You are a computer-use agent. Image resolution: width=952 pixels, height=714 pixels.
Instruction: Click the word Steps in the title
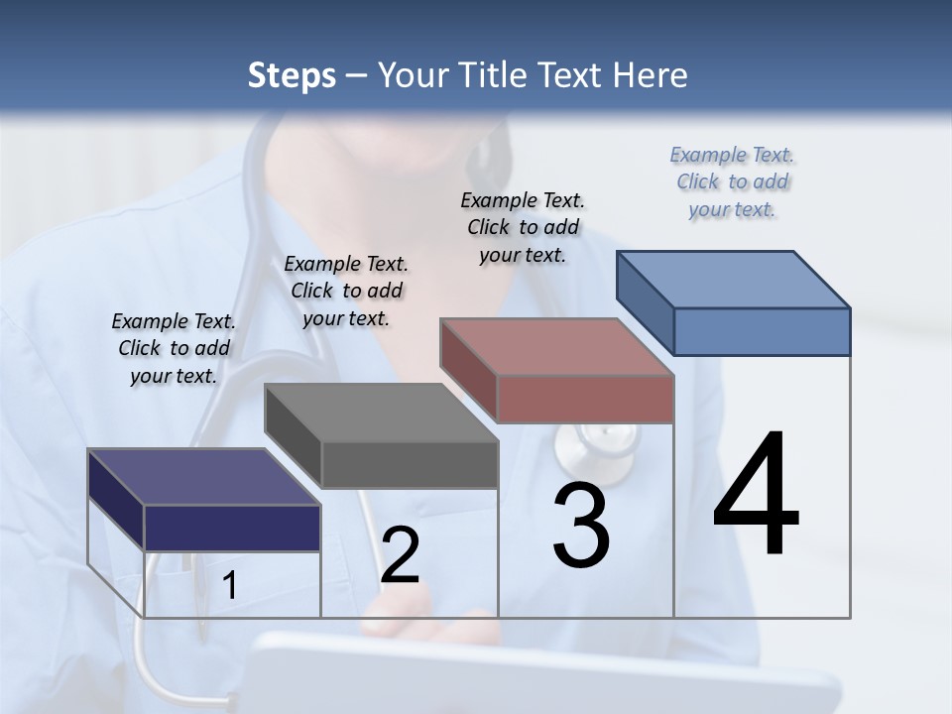pos(292,75)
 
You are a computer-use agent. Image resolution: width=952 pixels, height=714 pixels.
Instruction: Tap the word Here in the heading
pos(651,75)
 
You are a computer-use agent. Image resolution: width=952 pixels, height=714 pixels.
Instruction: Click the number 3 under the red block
pos(581,526)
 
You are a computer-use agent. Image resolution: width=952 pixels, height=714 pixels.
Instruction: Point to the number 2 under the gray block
pos(400,555)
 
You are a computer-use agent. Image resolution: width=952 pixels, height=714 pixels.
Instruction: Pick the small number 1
pos(230,586)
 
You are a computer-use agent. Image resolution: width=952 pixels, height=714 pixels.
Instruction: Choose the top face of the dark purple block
pos(204,477)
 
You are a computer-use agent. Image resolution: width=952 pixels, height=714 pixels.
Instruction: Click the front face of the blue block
pos(762,331)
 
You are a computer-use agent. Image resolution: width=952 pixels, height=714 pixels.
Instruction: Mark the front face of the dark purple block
pos(232,528)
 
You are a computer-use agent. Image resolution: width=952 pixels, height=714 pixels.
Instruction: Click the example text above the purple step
pos(174,349)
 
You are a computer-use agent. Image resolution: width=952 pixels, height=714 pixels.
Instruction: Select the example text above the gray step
pos(346,291)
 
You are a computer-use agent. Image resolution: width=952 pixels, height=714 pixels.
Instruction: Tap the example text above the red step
pos(523,227)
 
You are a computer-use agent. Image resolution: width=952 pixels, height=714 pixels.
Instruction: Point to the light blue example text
pos(732,182)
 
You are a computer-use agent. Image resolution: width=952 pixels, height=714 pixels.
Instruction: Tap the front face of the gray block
pos(410,464)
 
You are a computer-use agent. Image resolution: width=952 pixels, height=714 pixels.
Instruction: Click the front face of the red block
pos(585,399)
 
